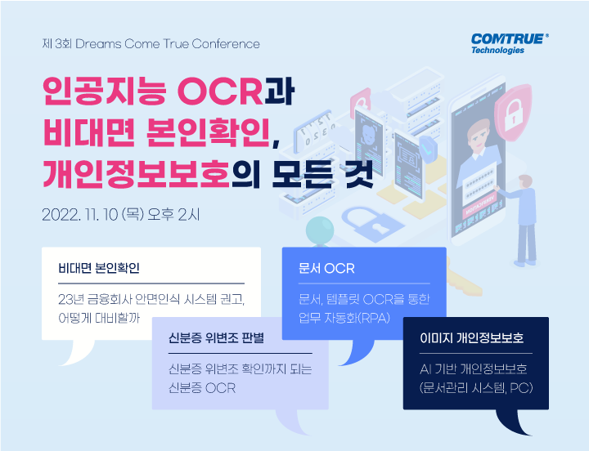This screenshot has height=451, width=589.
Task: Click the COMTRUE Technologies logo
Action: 510,44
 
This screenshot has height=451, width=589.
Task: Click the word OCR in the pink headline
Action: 220,92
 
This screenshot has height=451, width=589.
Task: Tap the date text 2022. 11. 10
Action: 80,215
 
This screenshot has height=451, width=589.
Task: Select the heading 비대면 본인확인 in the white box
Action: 99,268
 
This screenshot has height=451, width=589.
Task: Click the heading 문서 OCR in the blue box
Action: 326,268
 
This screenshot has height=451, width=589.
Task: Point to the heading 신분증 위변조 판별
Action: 216,338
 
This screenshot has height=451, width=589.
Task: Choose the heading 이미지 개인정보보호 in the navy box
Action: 471,338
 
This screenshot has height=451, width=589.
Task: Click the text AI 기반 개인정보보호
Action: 474,369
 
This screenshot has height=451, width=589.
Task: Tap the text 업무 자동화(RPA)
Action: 344,318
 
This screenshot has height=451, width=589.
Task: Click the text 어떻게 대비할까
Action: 99,318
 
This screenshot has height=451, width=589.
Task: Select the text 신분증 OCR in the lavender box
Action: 202,388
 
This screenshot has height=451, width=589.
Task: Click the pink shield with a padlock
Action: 513,113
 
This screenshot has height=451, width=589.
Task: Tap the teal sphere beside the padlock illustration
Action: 320,230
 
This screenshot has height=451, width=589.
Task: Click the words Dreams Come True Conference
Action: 168,44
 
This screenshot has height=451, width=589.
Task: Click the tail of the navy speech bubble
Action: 513,422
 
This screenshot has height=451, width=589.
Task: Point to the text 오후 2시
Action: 173,215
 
